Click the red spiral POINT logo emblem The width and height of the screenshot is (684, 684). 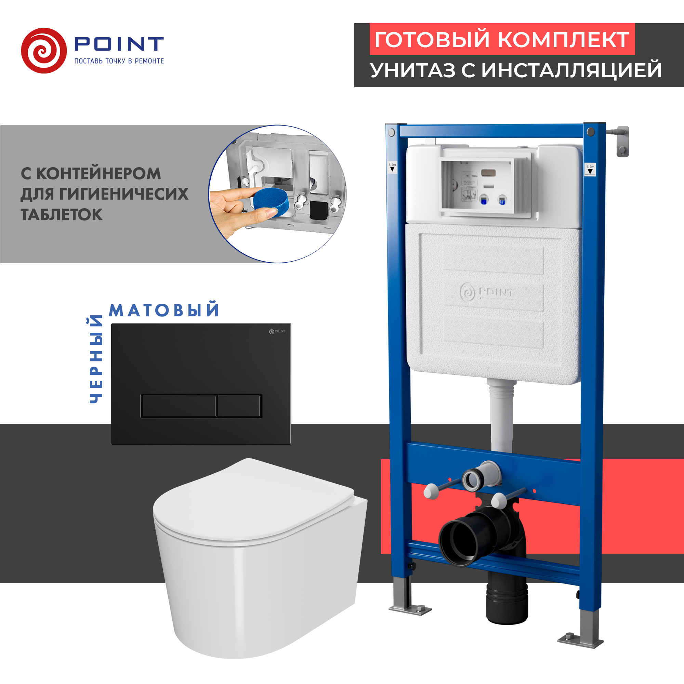[43, 51]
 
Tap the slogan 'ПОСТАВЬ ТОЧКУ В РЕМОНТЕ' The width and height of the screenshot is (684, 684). [119, 61]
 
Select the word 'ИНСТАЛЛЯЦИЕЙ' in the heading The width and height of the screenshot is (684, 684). [571, 70]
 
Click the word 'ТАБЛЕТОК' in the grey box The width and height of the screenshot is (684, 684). [62, 214]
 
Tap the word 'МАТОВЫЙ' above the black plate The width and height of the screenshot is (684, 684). [164, 310]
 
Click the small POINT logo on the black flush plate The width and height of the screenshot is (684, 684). [277, 331]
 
